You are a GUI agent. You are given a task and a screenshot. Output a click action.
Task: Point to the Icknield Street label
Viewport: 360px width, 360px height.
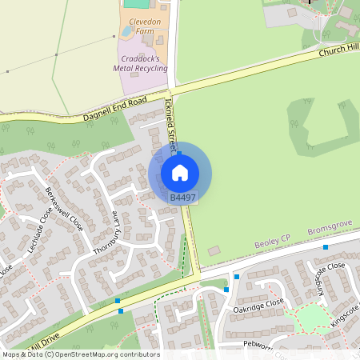coord(169,126)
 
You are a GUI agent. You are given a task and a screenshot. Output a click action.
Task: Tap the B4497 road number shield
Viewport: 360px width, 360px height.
coord(182,197)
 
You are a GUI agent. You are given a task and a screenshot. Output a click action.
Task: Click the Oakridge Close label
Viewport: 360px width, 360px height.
coord(258,305)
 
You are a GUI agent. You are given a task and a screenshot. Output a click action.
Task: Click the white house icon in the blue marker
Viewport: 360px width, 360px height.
coord(180,172)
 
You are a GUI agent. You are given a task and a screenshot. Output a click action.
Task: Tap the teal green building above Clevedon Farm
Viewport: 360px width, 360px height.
coord(136,4)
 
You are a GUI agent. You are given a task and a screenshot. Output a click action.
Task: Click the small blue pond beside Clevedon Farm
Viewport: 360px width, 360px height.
coord(126,32)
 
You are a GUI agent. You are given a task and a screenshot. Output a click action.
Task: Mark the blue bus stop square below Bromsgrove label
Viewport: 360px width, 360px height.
coord(326,247)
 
